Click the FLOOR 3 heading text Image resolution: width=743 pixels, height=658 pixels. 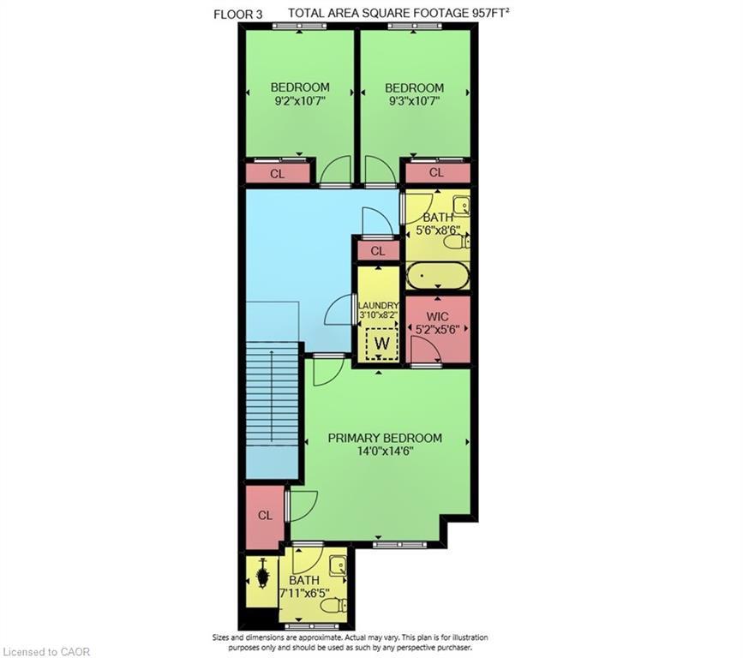[x=238, y=15]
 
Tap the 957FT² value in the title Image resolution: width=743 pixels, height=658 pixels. [x=490, y=13]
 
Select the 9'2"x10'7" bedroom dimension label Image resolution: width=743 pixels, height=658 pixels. [x=300, y=101]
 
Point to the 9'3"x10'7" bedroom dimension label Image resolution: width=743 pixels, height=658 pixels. [x=415, y=101]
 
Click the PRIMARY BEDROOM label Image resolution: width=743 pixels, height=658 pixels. [x=385, y=438]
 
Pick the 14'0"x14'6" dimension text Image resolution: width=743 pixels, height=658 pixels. [x=386, y=451]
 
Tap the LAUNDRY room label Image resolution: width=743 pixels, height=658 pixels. [x=378, y=306]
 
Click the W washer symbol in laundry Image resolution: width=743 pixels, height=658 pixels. [x=382, y=343]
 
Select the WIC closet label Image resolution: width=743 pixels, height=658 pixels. [x=437, y=316]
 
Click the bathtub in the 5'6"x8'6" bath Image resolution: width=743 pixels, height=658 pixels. [x=438, y=275]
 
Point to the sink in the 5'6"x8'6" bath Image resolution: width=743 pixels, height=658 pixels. [x=461, y=205]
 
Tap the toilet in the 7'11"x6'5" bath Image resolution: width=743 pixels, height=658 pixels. [x=333, y=605]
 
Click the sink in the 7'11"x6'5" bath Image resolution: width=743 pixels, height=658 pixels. [x=339, y=565]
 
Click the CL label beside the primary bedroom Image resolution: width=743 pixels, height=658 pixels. [x=266, y=515]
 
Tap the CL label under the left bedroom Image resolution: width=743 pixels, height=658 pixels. [x=277, y=174]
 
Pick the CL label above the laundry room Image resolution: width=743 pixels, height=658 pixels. [x=378, y=250]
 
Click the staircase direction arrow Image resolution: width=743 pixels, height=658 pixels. [x=272, y=396]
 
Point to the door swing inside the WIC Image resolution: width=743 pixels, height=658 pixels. [x=426, y=351]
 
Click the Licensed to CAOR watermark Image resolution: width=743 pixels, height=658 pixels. [x=45, y=651]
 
